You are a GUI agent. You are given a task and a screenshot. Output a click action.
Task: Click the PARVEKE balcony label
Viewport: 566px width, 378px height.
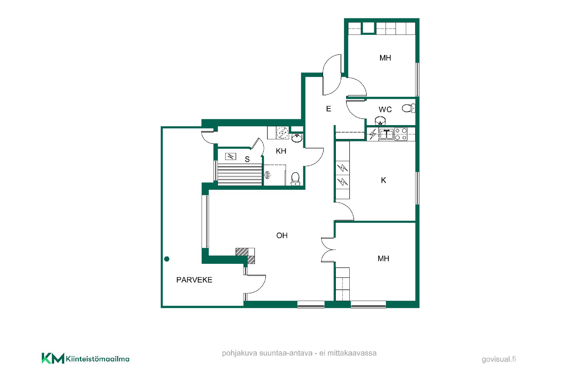[x=194, y=280]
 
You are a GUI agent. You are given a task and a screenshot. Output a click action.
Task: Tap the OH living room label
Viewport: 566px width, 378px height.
[x=282, y=235]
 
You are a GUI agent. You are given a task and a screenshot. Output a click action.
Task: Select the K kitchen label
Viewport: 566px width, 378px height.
[x=384, y=180]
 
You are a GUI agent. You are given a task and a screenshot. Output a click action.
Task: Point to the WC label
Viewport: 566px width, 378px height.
[x=385, y=109]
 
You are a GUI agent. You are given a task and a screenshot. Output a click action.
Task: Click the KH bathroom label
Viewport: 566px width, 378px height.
[x=281, y=151]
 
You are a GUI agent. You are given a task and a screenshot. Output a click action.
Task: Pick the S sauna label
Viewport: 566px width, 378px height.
[x=247, y=159]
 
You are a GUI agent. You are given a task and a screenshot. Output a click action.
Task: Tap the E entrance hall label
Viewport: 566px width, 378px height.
[x=329, y=109]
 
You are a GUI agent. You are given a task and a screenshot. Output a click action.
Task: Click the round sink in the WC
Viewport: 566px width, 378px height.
[x=380, y=121]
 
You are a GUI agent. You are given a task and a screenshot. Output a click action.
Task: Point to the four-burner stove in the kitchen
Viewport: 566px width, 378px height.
[x=401, y=134]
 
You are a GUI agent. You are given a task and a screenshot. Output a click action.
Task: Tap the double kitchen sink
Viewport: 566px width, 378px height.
[x=386, y=134]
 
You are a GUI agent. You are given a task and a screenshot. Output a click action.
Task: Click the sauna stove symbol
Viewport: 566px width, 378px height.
[x=231, y=156]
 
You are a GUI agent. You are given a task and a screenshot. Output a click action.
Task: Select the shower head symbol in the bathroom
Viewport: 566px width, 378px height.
[x=268, y=175]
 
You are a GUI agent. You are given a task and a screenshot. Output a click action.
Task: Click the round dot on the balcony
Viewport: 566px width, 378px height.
[x=167, y=259]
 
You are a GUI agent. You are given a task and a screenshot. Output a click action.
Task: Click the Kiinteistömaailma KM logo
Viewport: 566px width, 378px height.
[x=85, y=358]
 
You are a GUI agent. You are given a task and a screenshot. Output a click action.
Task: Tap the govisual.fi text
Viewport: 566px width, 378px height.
[x=499, y=359]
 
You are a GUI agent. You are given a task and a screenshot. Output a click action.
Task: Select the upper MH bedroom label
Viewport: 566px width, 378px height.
[x=385, y=58]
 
